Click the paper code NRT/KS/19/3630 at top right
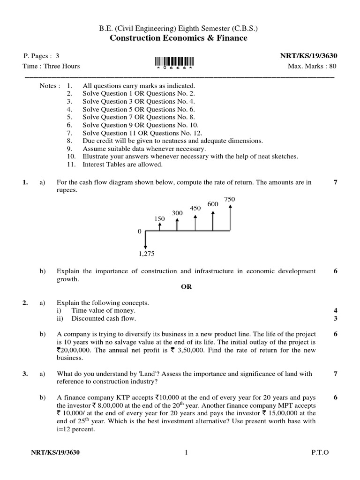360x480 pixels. (x=308, y=56)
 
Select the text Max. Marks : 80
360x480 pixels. (x=312, y=66)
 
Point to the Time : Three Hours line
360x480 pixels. (x=52, y=66)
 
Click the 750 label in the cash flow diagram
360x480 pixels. (x=230, y=199)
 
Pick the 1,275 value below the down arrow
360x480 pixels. (x=146, y=254)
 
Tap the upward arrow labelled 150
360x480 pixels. (x=160, y=226)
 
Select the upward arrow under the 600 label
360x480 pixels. (x=213, y=220)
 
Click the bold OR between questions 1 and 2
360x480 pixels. (x=186, y=287)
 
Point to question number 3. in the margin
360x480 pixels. (x=25, y=374)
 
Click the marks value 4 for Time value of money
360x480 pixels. (x=335, y=311)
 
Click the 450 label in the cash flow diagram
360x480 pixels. (x=195, y=208)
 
